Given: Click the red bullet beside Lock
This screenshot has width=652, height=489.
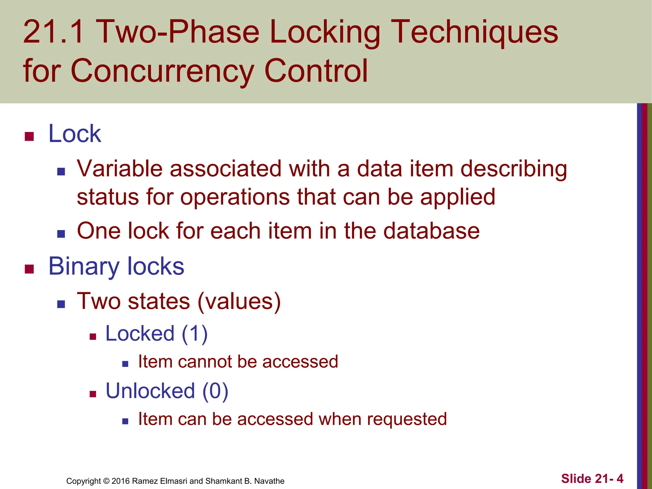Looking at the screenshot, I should click(x=29, y=137).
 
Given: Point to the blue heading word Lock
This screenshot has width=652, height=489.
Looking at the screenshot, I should click(x=75, y=134).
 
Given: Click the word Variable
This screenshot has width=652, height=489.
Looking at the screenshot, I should click(x=119, y=169).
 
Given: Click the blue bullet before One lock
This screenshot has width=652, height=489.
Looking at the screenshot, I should click(x=61, y=234).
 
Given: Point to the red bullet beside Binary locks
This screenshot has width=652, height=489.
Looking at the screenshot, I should click(x=29, y=269).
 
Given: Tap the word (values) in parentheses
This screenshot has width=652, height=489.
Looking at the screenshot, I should click(x=239, y=301).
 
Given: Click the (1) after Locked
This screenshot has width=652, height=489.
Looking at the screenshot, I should click(x=195, y=334).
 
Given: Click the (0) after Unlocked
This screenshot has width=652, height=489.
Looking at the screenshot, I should click(x=215, y=391).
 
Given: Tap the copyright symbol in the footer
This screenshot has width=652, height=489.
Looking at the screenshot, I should click(x=106, y=481).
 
